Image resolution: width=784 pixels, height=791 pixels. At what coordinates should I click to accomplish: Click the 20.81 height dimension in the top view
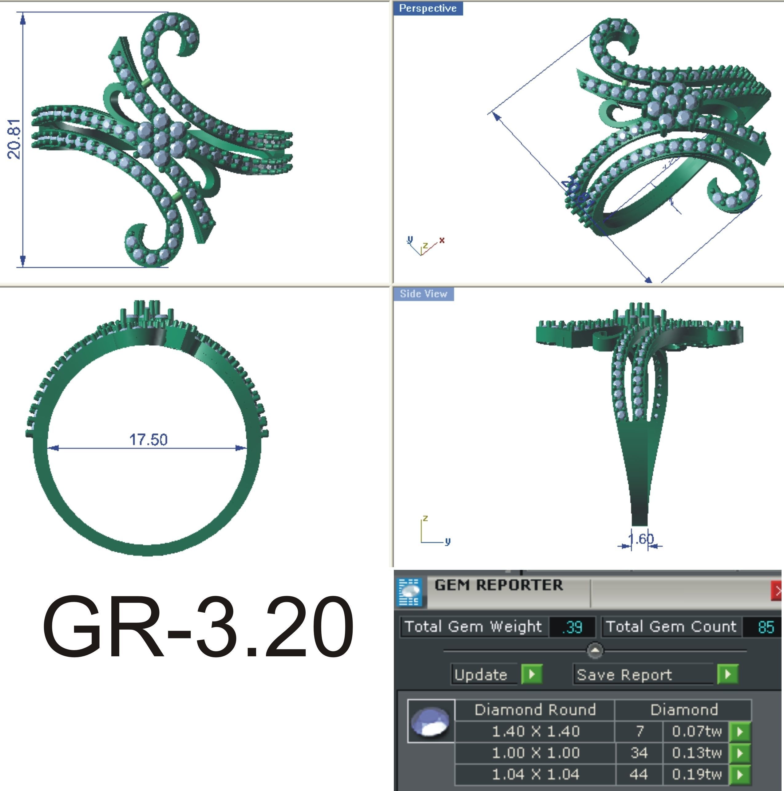point(14,139)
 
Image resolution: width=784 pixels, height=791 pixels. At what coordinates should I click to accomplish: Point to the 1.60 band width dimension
point(641,539)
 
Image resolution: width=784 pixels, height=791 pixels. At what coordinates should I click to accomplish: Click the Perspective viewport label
point(428,9)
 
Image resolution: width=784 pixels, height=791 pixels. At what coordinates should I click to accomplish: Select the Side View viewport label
point(423,294)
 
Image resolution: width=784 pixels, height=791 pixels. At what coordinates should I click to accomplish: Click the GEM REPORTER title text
point(499,585)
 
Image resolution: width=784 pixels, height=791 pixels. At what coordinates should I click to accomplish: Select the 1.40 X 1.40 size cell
point(535,731)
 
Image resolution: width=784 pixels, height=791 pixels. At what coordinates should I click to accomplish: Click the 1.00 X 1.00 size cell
point(535,753)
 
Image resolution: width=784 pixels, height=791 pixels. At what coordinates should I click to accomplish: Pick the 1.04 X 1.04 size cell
point(535,774)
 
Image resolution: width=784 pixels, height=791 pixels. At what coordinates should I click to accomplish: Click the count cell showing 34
point(639,753)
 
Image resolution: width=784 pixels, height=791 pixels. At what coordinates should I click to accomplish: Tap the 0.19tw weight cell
point(696,774)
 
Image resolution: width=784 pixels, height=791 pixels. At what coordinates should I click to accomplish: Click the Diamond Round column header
point(535,710)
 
